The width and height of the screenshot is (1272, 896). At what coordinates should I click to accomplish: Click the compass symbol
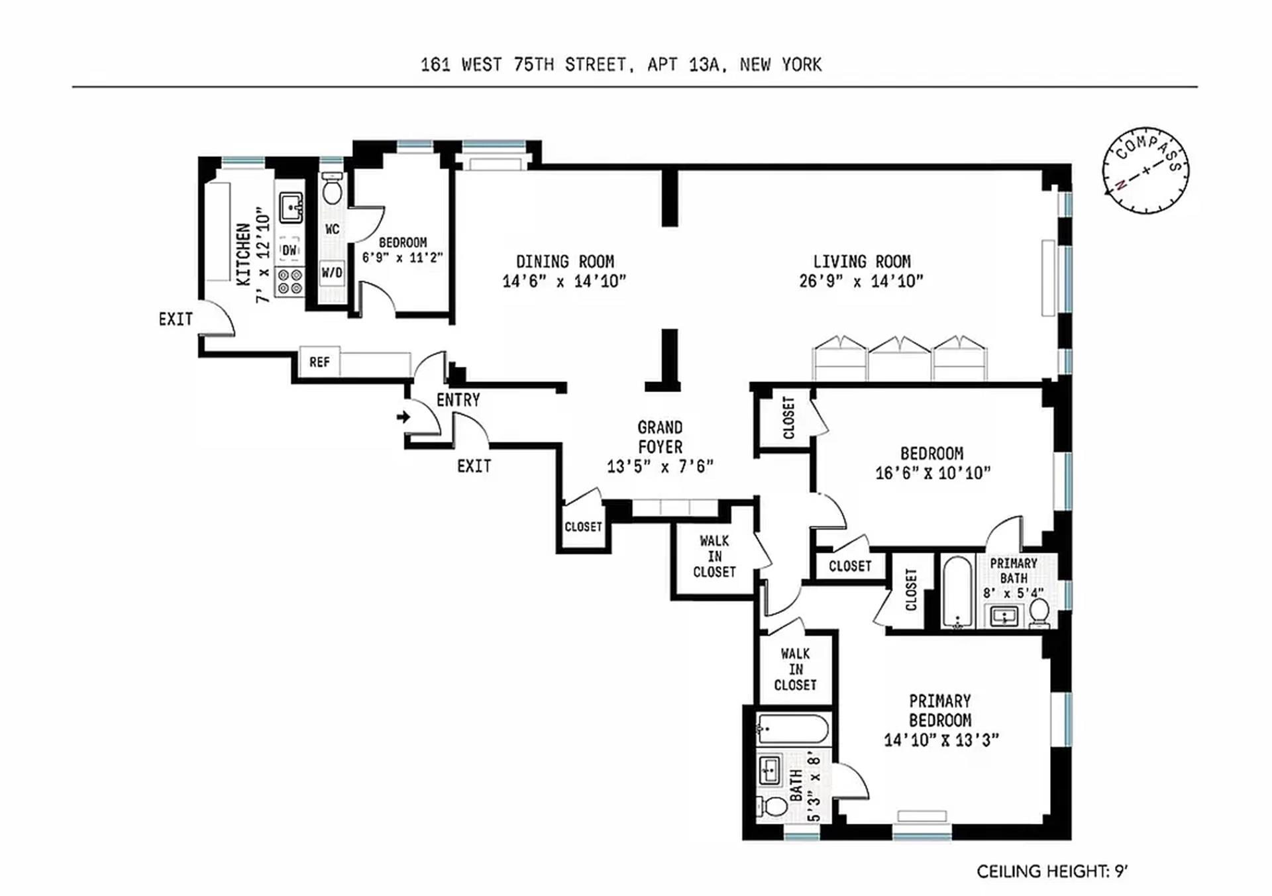click(x=1145, y=170)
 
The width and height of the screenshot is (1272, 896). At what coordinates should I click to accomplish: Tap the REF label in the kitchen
click(x=319, y=362)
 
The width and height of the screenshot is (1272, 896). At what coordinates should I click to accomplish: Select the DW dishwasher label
click(x=290, y=250)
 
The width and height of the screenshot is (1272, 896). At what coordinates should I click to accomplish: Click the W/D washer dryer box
click(x=332, y=273)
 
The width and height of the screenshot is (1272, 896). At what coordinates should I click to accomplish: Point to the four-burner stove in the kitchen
click(x=290, y=281)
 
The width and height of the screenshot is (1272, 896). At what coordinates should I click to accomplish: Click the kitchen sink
click(x=290, y=207)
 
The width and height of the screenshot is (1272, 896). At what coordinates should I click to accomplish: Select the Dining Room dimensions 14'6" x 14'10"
click(x=564, y=281)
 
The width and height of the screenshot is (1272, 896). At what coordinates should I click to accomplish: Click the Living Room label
click(x=861, y=262)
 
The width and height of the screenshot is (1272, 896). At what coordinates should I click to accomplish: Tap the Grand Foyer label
click(x=660, y=437)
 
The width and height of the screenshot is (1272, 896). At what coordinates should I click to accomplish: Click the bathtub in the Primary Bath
click(x=957, y=591)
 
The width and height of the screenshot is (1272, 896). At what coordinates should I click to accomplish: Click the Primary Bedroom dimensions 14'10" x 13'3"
click(x=941, y=740)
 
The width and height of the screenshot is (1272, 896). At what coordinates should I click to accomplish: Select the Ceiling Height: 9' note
click(x=1051, y=871)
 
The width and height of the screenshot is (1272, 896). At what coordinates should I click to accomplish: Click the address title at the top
click(x=621, y=65)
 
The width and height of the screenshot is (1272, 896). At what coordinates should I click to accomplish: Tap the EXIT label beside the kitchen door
click(x=176, y=319)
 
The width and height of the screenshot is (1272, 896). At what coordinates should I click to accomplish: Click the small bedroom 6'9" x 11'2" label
click(x=402, y=250)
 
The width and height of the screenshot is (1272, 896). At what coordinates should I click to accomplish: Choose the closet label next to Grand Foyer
click(x=583, y=527)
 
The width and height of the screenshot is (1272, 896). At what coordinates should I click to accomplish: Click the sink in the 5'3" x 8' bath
click(x=770, y=770)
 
